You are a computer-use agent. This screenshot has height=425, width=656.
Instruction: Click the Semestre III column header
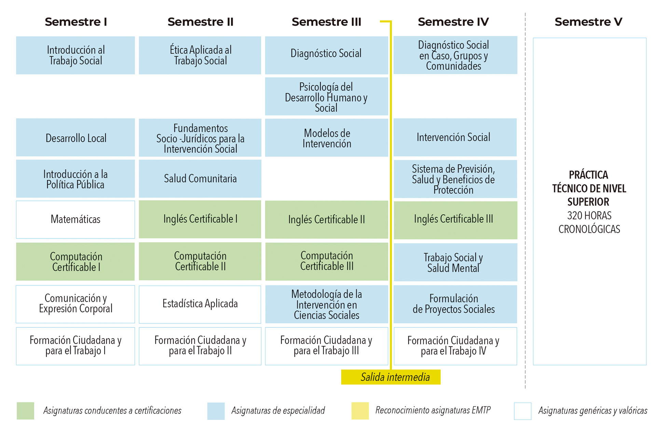pyautogui.click(x=326, y=22)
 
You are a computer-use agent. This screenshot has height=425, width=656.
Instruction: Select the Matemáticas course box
pyautogui.click(x=76, y=219)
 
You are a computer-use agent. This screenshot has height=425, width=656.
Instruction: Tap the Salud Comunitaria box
pyautogui.click(x=200, y=178)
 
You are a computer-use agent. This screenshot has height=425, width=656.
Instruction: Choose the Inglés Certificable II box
pyautogui.click(x=326, y=220)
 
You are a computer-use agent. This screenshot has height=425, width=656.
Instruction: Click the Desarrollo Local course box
pyautogui.click(x=76, y=138)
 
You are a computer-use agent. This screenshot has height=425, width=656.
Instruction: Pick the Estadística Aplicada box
pyautogui.click(x=200, y=304)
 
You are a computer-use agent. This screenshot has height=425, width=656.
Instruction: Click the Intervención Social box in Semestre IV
pyautogui.click(x=455, y=137)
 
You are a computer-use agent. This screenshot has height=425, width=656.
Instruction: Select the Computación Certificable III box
pyautogui.click(x=326, y=261)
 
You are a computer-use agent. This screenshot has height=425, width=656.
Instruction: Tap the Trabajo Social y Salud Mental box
pyautogui.click(x=455, y=262)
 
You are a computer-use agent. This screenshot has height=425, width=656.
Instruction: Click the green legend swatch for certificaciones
pyautogui.click(x=25, y=411)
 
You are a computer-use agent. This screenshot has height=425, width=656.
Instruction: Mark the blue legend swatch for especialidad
pyautogui.click(x=216, y=411)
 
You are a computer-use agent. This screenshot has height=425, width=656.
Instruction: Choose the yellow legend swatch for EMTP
pyautogui.click(x=360, y=411)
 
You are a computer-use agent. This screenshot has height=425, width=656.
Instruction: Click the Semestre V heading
pyautogui.click(x=588, y=22)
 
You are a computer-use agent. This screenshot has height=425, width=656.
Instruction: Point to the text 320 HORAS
pyautogui.click(x=589, y=216)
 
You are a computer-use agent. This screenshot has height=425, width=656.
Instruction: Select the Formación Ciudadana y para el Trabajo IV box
pyautogui.click(x=455, y=346)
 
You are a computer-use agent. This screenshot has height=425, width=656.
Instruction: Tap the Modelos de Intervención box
pyautogui.click(x=326, y=138)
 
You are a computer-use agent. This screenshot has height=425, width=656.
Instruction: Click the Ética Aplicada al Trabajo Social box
pyautogui.click(x=200, y=55)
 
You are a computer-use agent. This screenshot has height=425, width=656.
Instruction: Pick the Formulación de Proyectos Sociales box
pyautogui.click(x=455, y=304)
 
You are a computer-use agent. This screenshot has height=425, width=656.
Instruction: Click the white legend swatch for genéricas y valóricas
pyautogui.click(x=522, y=411)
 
